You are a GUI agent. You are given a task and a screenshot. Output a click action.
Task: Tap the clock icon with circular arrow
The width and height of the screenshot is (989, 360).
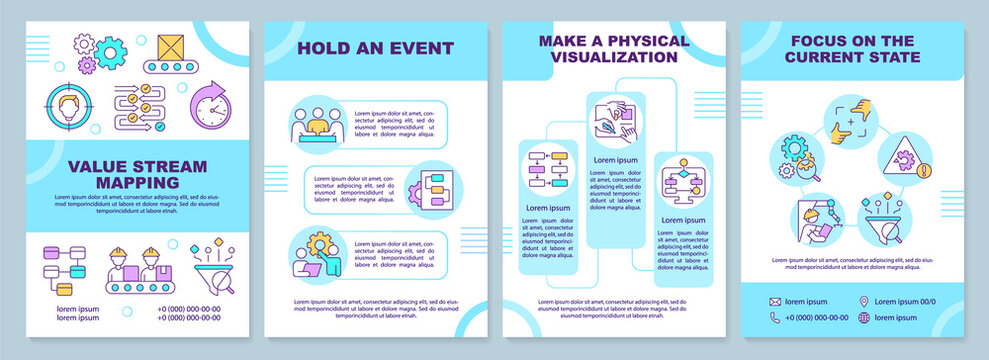point(212,105)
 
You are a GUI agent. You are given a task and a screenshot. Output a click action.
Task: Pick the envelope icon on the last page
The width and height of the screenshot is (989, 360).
point(775,301)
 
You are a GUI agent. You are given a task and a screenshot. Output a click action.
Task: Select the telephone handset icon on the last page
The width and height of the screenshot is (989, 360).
point(775,317)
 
